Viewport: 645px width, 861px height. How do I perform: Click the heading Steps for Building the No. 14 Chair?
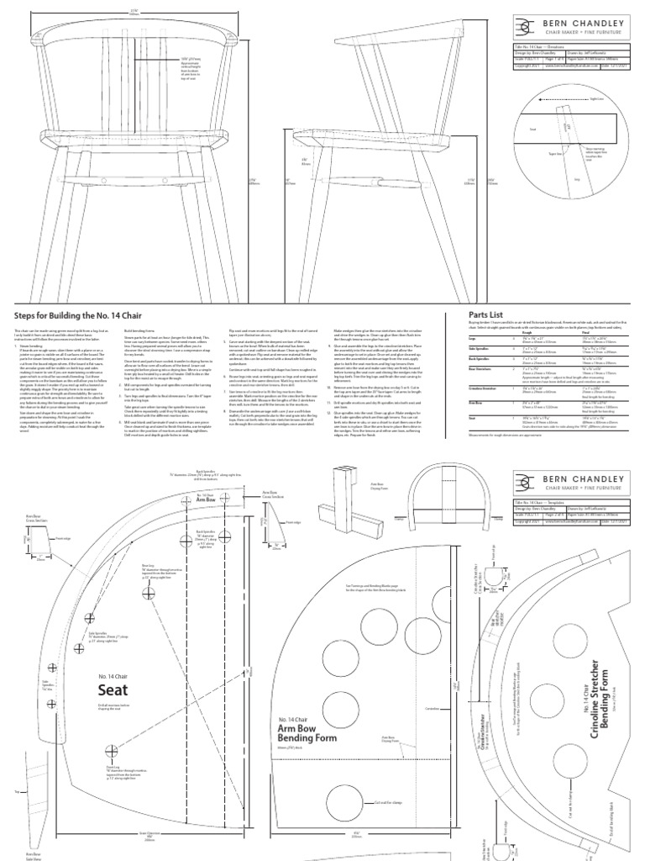point(75,315)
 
